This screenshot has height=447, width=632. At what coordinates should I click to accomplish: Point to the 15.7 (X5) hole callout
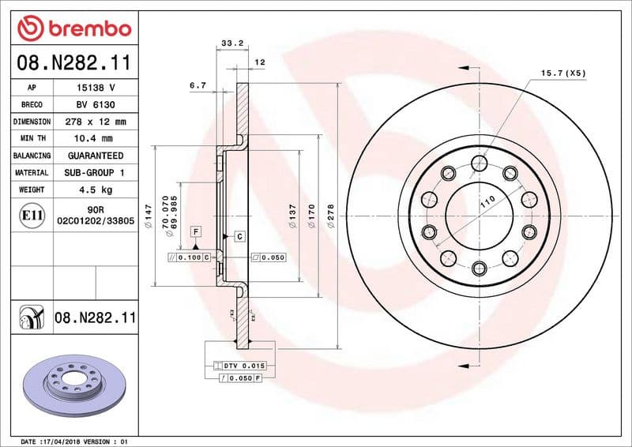coord(563,73)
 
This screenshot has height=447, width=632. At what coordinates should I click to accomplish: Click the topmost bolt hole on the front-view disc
coord(479,163)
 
